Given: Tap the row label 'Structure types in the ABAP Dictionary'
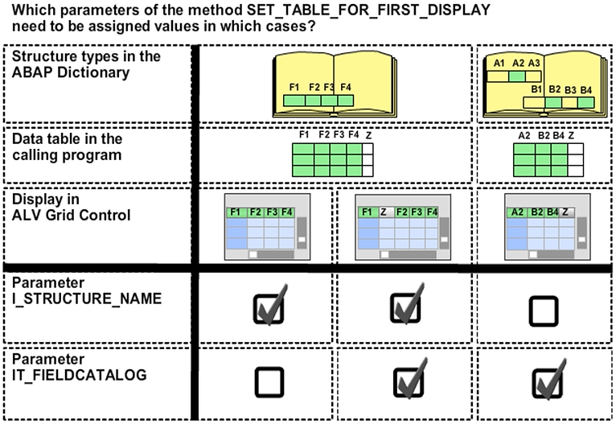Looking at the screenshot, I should (x=86, y=64).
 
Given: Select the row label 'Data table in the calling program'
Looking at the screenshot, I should (x=67, y=146).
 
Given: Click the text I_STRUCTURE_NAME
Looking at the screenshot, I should (x=86, y=298).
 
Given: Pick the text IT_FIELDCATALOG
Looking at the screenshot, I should (x=80, y=373).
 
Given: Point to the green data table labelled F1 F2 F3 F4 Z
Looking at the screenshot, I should (x=331, y=153).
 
